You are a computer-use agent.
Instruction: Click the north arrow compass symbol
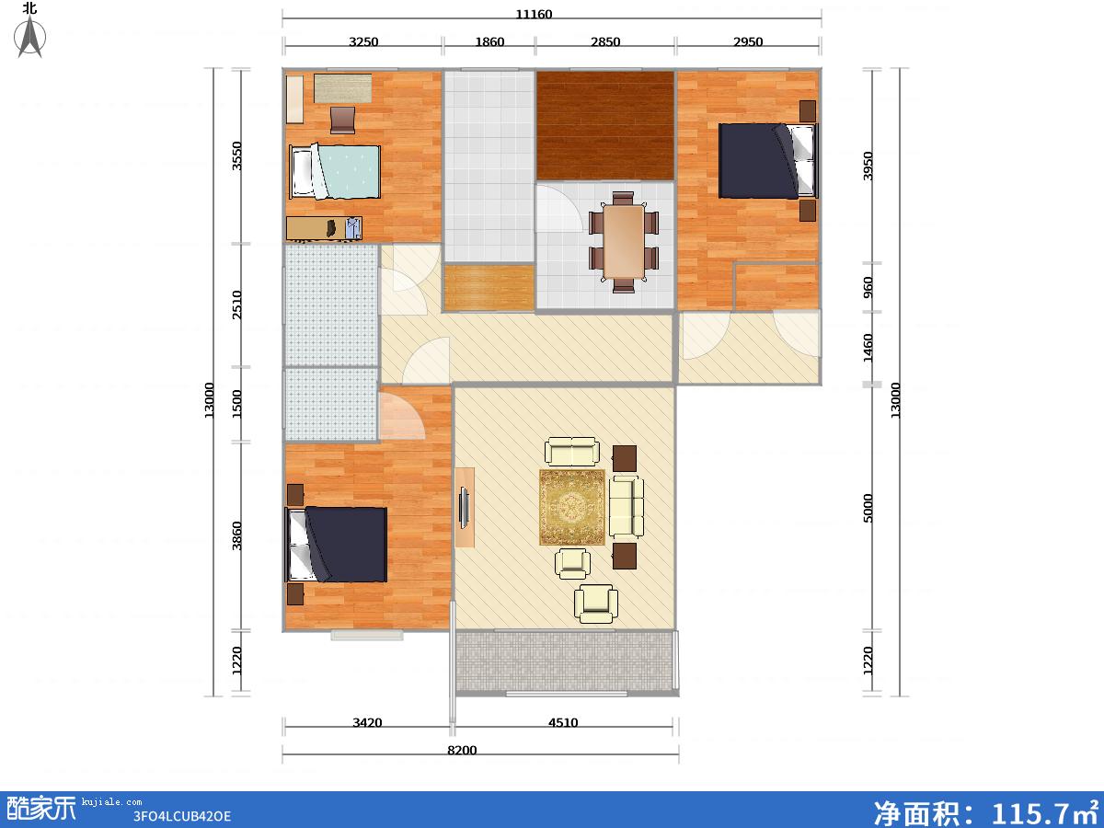29,36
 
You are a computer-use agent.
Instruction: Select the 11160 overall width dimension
534,14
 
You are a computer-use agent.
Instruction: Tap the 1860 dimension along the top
489,41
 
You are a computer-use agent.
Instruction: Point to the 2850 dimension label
605,41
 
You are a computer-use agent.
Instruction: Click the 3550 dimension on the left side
236,155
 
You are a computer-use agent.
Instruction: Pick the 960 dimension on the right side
868,288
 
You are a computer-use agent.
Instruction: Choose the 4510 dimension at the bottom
563,722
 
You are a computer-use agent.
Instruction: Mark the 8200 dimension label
462,750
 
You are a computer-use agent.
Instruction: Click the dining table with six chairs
624,242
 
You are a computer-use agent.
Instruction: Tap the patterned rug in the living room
572,507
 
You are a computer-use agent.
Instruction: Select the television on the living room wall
465,508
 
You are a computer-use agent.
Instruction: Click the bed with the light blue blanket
335,172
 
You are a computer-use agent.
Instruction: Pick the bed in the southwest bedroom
336,545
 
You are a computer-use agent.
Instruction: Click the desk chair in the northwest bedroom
342,121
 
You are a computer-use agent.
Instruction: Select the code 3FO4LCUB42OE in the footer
181,816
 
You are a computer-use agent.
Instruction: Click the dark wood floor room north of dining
605,126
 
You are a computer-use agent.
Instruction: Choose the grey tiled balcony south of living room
564,661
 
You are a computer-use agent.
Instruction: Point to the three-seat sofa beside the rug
627,506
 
